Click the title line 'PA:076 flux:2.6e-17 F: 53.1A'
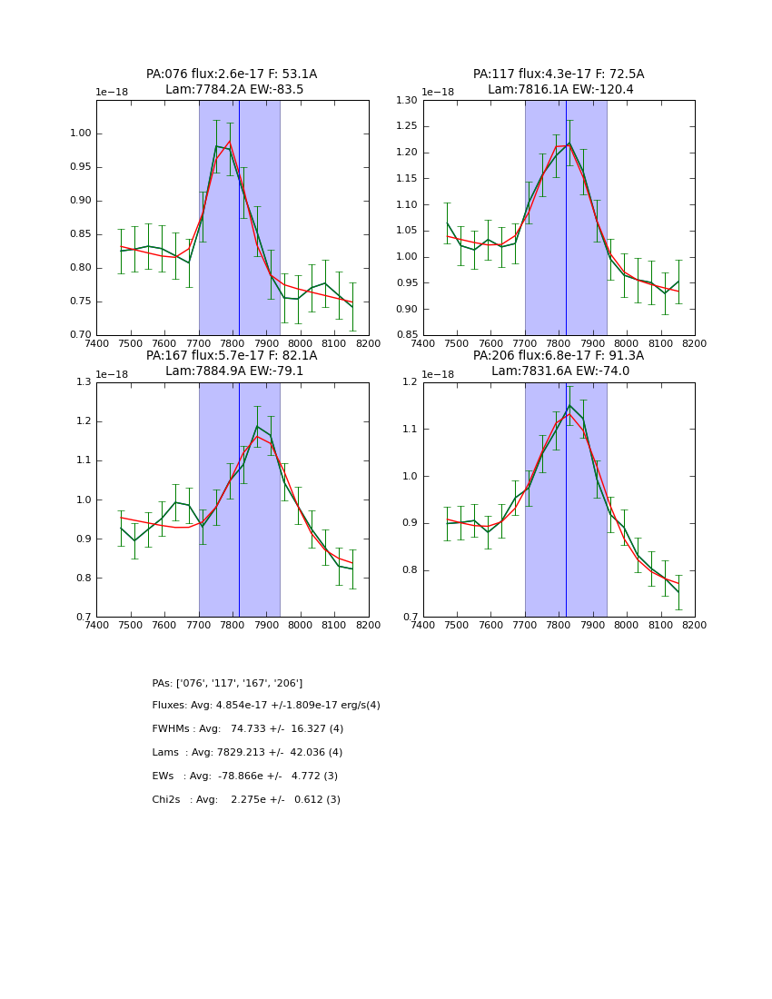(232, 74)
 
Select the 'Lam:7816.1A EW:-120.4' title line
(559, 90)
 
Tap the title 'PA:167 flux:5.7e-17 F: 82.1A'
(232, 356)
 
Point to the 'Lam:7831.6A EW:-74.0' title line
(559, 371)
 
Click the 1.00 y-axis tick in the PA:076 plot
(80, 134)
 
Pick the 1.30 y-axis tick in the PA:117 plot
(405, 101)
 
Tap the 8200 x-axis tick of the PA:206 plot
(695, 625)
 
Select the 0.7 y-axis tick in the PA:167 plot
(84, 618)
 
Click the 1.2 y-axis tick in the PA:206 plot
(411, 382)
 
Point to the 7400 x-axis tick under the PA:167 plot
(96, 625)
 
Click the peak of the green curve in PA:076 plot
(217, 145)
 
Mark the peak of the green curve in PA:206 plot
(569, 405)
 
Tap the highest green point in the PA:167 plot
(257, 426)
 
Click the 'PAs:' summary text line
(227, 683)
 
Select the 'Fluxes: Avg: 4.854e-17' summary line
(266, 706)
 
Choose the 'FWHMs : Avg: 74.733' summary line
(248, 729)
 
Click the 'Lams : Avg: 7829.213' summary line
(247, 753)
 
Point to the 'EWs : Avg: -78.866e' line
(245, 776)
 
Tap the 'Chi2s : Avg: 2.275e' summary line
(246, 800)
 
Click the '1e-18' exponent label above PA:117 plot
(438, 93)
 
